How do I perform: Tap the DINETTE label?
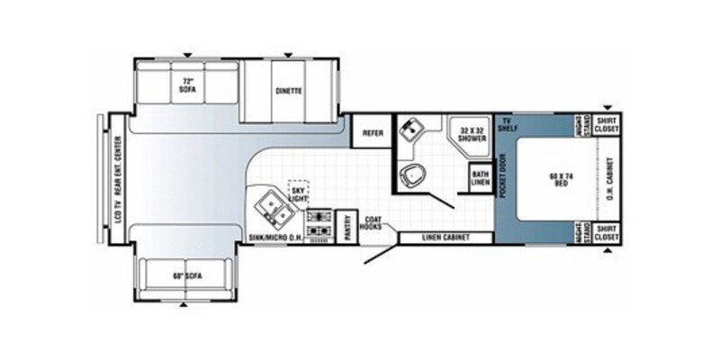point(288,91)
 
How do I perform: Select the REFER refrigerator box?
point(372,132)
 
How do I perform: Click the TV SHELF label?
point(508,125)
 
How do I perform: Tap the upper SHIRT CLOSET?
point(606,125)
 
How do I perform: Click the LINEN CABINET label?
point(444,238)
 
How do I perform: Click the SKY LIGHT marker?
point(298,192)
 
